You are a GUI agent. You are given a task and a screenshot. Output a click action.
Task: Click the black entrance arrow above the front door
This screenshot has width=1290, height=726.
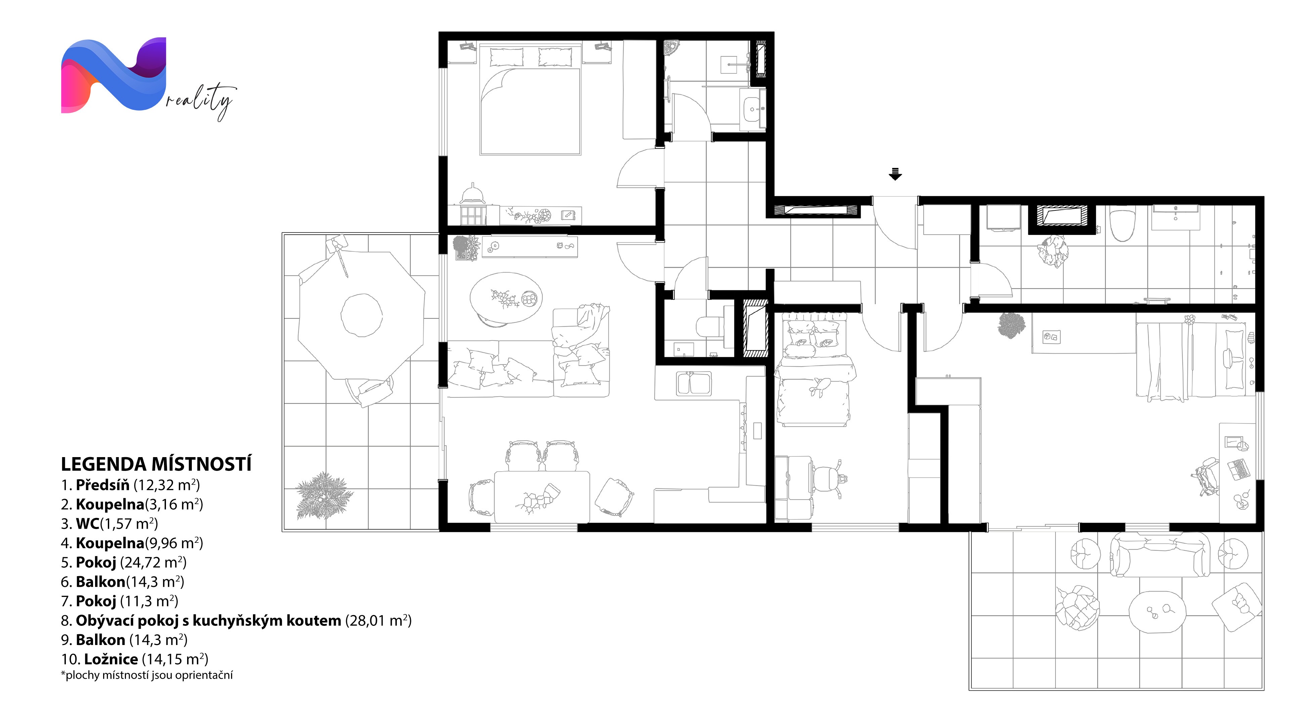(x=895, y=173)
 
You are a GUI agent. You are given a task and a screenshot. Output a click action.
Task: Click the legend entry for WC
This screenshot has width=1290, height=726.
(x=110, y=524)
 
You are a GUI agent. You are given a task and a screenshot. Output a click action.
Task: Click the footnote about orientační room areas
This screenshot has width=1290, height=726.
(x=147, y=675)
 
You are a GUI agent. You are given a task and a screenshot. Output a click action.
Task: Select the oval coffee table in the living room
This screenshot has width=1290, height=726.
(x=506, y=299)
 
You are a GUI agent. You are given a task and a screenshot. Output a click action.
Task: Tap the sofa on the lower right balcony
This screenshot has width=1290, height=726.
(x=1160, y=555)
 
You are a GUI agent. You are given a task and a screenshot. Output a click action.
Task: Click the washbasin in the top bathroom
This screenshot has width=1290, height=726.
(x=752, y=109)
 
